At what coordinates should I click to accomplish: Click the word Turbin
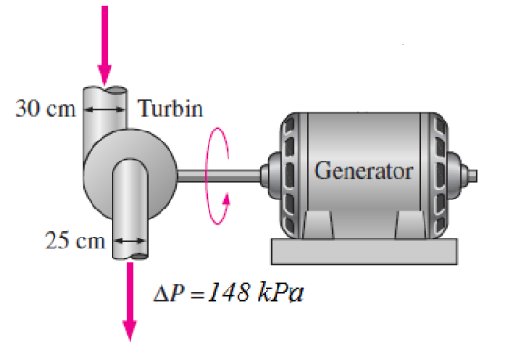[x=170, y=109]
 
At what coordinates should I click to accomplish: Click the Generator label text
[x=363, y=170]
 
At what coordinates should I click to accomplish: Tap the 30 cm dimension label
[x=43, y=108]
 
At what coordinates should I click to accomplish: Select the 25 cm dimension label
[x=74, y=240]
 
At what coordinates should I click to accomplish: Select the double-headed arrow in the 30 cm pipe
[x=107, y=107]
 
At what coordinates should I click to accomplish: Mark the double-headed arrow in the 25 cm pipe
[x=127, y=241]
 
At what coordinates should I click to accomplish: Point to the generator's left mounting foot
[x=317, y=223]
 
